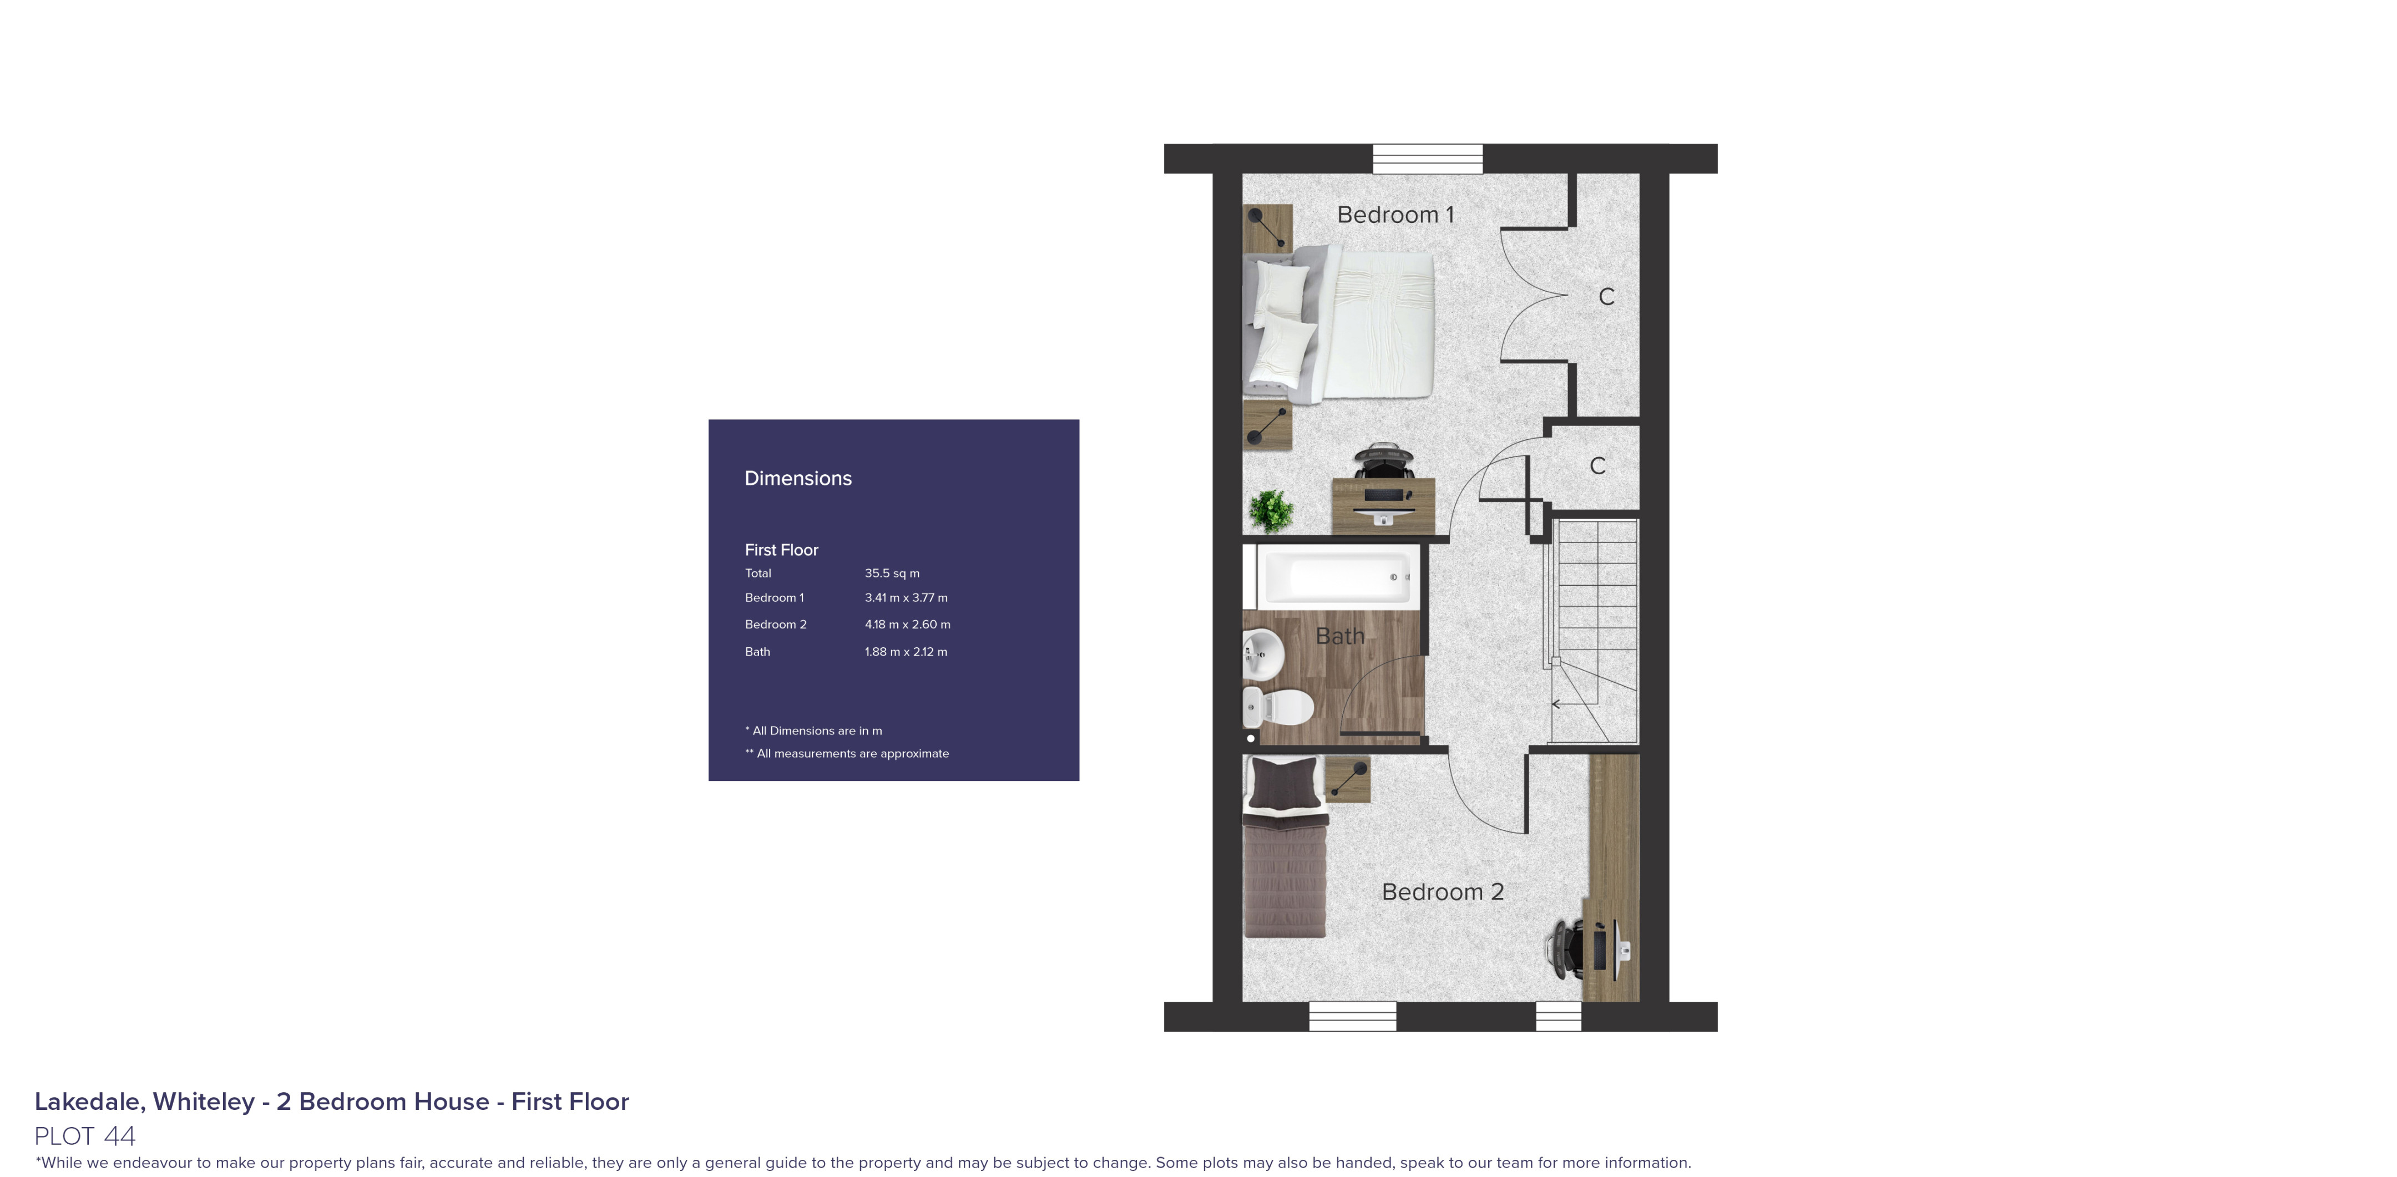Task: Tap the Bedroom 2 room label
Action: click(x=1442, y=891)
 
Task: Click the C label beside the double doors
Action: click(x=1606, y=297)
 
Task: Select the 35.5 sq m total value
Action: click(x=892, y=573)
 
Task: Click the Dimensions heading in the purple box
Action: click(x=797, y=478)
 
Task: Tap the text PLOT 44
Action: click(x=85, y=1135)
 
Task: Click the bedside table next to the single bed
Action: click(x=1347, y=779)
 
